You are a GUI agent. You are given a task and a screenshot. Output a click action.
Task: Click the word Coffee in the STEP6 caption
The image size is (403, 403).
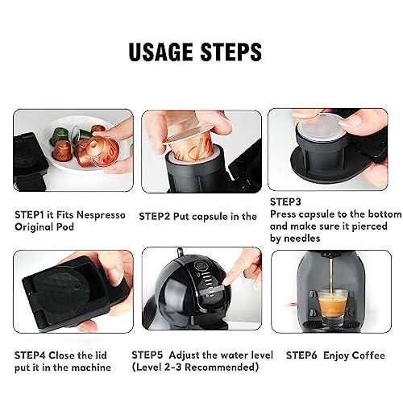[x=367, y=355]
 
